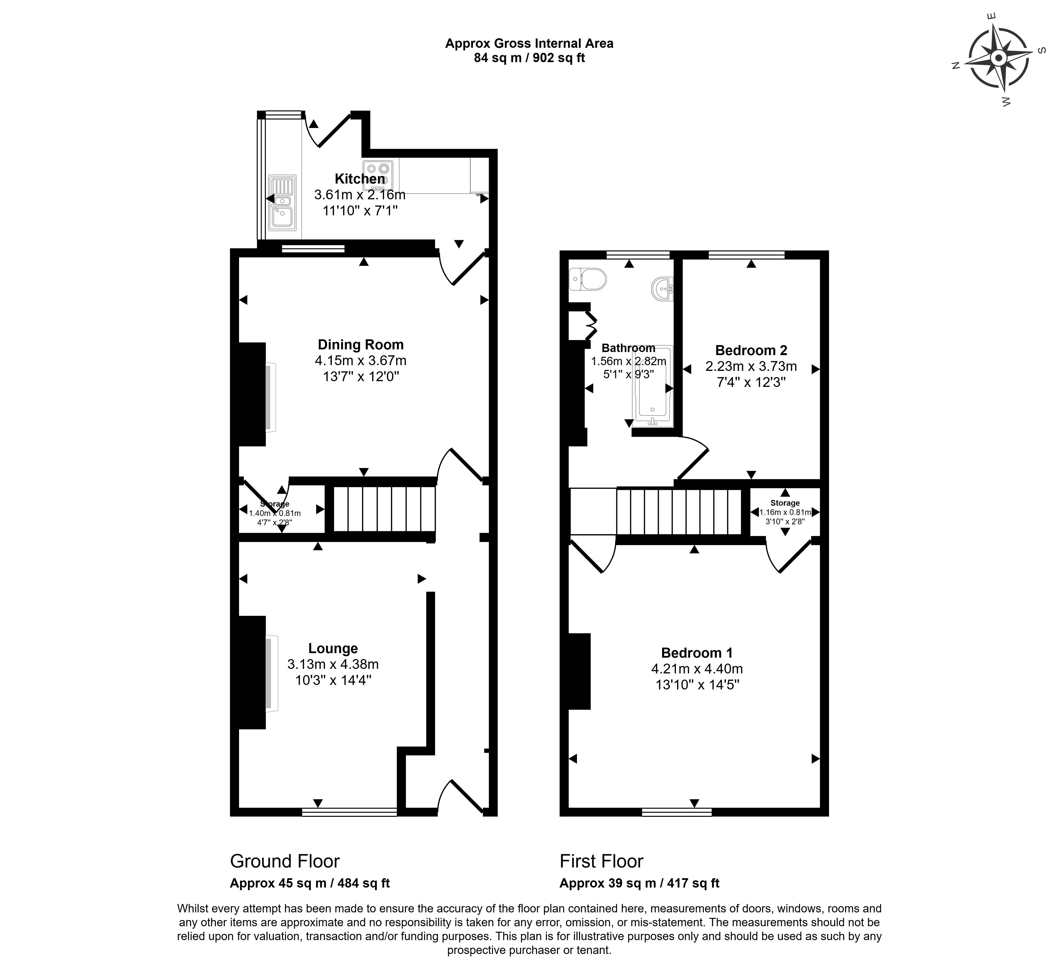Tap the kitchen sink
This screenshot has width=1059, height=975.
[282, 203]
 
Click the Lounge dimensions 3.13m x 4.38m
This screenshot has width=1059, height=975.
[333, 664]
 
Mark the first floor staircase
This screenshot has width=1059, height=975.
[679, 512]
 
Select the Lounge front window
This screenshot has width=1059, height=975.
[349, 812]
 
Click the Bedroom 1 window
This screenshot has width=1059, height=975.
[677, 812]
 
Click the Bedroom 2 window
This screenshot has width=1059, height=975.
[746, 255]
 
